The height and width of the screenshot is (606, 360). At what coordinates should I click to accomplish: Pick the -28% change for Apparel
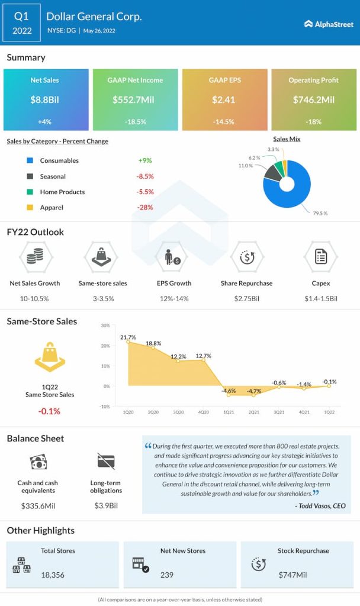tap(145, 208)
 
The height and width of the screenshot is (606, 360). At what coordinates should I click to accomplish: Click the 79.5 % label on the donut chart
tap(320, 213)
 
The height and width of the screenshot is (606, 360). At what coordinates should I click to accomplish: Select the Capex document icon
tap(321, 257)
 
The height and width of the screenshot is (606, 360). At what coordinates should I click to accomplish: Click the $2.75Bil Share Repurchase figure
tap(246, 298)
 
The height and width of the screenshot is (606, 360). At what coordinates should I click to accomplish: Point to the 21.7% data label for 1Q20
tap(128, 337)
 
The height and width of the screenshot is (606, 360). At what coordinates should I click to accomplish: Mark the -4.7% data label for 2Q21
tap(254, 391)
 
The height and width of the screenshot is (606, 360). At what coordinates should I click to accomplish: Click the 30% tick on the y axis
tap(105, 325)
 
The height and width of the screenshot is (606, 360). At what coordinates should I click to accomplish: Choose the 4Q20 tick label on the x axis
tap(204, 411)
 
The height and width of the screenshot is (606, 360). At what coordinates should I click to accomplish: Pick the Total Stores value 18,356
tap(53, 574)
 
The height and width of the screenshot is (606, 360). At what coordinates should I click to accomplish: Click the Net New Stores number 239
tap(167, 574)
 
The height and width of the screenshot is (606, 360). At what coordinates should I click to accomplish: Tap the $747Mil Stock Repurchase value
tap(293, 574)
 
